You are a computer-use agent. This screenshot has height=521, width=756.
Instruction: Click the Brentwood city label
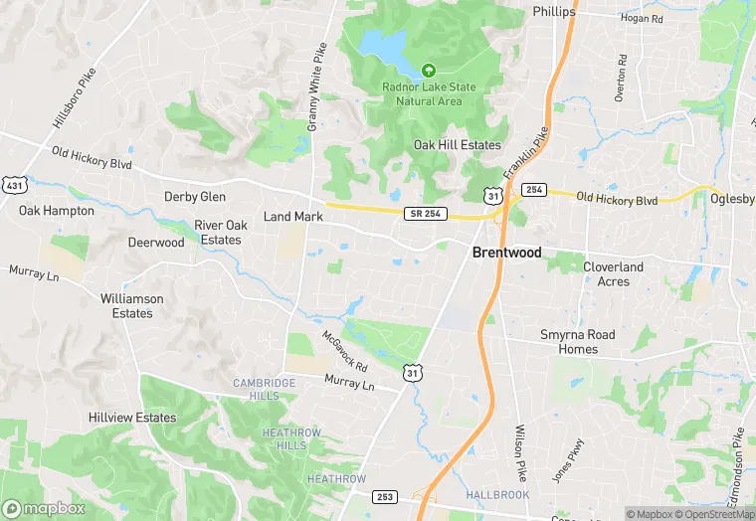point(507,253)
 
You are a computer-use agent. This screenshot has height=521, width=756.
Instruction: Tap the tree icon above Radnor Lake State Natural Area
point(429,71)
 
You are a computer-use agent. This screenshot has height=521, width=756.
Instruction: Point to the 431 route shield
point(14,185)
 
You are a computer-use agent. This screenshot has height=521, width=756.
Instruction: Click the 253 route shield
point(385,495)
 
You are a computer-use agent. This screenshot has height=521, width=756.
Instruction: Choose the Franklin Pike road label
point(526,154)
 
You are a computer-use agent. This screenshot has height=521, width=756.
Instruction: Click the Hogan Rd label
point(642,18)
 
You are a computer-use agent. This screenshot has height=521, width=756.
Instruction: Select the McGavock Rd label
point(344,351)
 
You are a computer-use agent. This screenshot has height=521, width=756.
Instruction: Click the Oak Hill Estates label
point(457,145)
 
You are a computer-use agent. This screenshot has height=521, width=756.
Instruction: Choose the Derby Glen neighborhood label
point(195,197)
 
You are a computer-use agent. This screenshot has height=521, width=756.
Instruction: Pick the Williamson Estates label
point(131,305)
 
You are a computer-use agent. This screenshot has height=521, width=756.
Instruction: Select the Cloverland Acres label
point(613,274)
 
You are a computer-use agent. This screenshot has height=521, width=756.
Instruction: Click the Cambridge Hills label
point(264,389)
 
